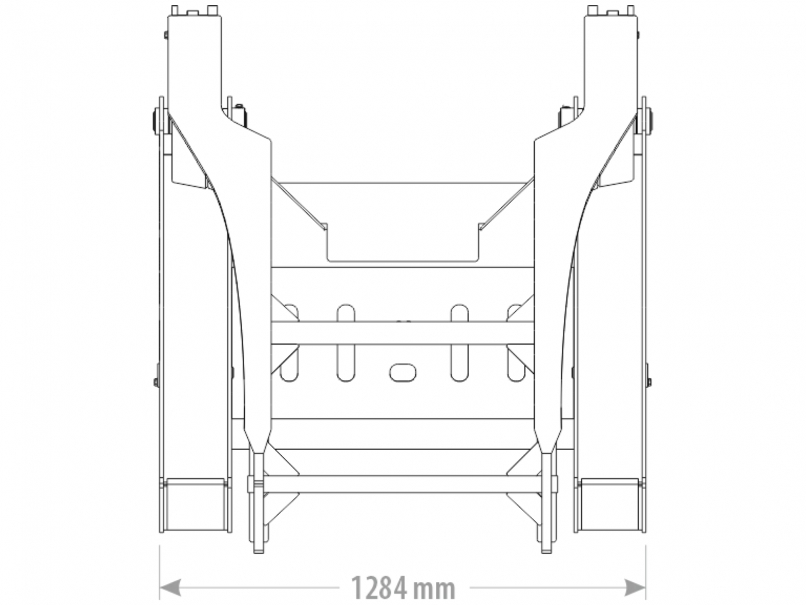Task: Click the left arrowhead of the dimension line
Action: [x=169, y=587]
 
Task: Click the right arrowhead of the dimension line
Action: [x=635, y=587]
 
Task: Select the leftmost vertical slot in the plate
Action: [x=289, y=343]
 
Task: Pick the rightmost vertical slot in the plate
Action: [x=516, y=343]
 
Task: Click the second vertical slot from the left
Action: [x=346, y=343]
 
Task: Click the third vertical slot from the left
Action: [x=459, y=343]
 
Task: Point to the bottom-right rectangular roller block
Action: [x=610, y=504]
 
